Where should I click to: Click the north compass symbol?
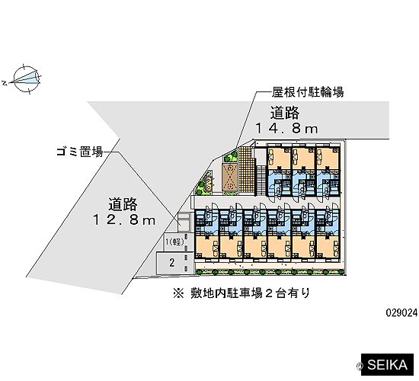[27, 79]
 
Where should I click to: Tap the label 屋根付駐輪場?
[308, 92]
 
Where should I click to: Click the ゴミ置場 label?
[80, 152]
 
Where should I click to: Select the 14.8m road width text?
[287, 129]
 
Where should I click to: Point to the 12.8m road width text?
[124, 219]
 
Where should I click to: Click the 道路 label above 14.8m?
[285, 113]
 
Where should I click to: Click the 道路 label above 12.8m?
[123, 204]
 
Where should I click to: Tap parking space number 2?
[172, 263]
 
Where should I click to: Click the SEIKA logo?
[387, 365]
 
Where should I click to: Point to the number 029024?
[401, 312]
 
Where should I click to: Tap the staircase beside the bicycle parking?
[261, 180]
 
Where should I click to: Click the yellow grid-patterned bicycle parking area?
[245, 169]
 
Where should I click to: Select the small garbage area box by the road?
[184, 223]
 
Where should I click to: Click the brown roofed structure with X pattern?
[229, 177]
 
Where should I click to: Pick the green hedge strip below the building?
[270, 272]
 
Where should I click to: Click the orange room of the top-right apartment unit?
[328, 158]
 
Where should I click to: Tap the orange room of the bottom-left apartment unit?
[206, 247]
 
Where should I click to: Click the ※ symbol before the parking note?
[179, 293]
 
